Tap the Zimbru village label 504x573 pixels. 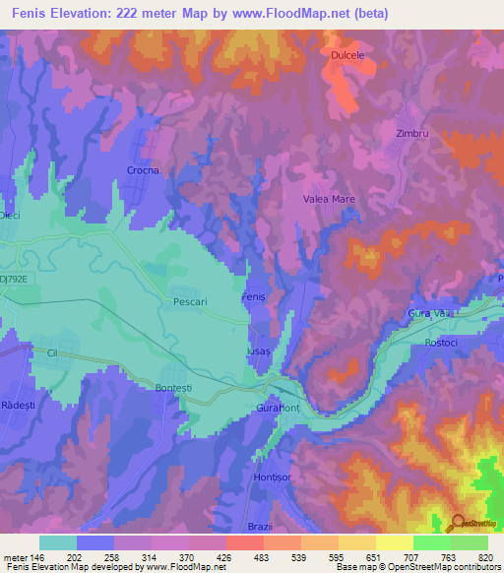point(412,133)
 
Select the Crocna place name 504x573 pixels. point(143,170)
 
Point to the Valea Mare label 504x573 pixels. point(328,199)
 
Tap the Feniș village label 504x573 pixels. point(254,297)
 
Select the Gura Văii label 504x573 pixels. point(427,313)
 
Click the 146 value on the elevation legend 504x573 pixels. point(35,557)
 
